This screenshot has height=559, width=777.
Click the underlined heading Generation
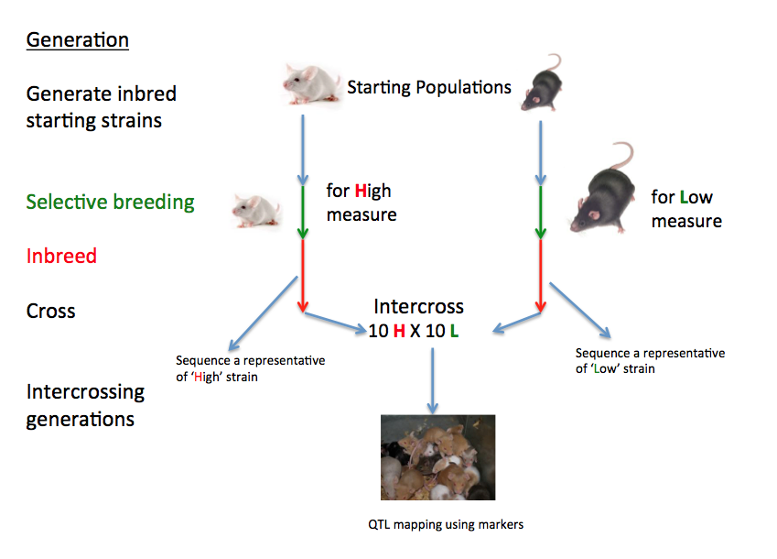tap(77, 40)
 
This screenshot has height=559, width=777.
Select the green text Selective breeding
tap(110, 202)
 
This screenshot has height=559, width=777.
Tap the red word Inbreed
tap(61, 256)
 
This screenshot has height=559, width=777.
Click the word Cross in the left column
tap(51, 311)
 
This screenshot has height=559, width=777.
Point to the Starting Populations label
tap(429, 88)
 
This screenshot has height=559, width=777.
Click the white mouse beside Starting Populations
tap(310, 83)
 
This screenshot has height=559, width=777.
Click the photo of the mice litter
tap(437, 456)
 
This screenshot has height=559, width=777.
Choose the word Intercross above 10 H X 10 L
tap(418, 306)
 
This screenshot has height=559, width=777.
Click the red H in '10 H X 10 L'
tap(399, 331)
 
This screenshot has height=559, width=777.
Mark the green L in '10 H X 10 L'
tap(454, 331)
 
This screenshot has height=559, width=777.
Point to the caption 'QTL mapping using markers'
tap(438, 525)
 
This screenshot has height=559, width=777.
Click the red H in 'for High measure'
tap(361, 192)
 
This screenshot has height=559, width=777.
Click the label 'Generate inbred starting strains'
tap(101, 106)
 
